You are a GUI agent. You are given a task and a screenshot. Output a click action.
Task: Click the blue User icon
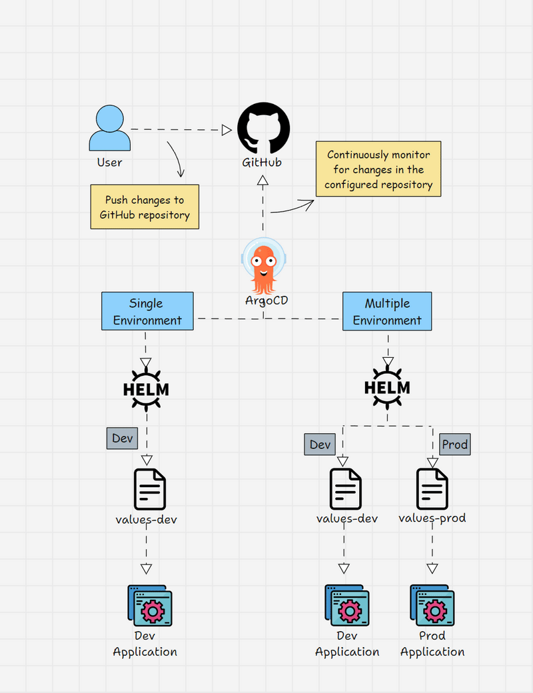coord(109,129)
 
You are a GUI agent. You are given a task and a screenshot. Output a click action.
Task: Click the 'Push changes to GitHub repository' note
coord(145,207)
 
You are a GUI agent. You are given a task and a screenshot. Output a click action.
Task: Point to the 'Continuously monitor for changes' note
coord(378,169)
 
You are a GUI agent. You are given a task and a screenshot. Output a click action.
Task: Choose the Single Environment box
coord(147,311)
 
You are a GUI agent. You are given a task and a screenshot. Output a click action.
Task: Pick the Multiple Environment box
coord(387,311)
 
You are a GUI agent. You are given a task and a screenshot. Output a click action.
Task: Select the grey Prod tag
coord(455,444)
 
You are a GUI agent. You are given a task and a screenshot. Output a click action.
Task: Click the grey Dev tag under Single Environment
coord(122,438)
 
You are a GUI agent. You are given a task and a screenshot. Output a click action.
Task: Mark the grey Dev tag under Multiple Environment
coord(320,444)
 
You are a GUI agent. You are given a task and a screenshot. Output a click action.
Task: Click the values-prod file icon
coord(432,488)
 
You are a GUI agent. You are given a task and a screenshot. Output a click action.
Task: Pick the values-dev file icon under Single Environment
coord(149,488)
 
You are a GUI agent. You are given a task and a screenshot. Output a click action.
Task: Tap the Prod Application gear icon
coord(432,606)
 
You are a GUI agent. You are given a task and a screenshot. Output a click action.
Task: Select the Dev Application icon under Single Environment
coord(149,606)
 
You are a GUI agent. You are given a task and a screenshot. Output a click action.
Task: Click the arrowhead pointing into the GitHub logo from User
coord(227,130)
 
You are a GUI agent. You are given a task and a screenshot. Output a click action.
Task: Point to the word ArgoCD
coord(266,301)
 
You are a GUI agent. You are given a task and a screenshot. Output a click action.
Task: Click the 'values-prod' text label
coord(432,518)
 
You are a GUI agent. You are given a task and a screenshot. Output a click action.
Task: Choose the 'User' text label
coord(109,162)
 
